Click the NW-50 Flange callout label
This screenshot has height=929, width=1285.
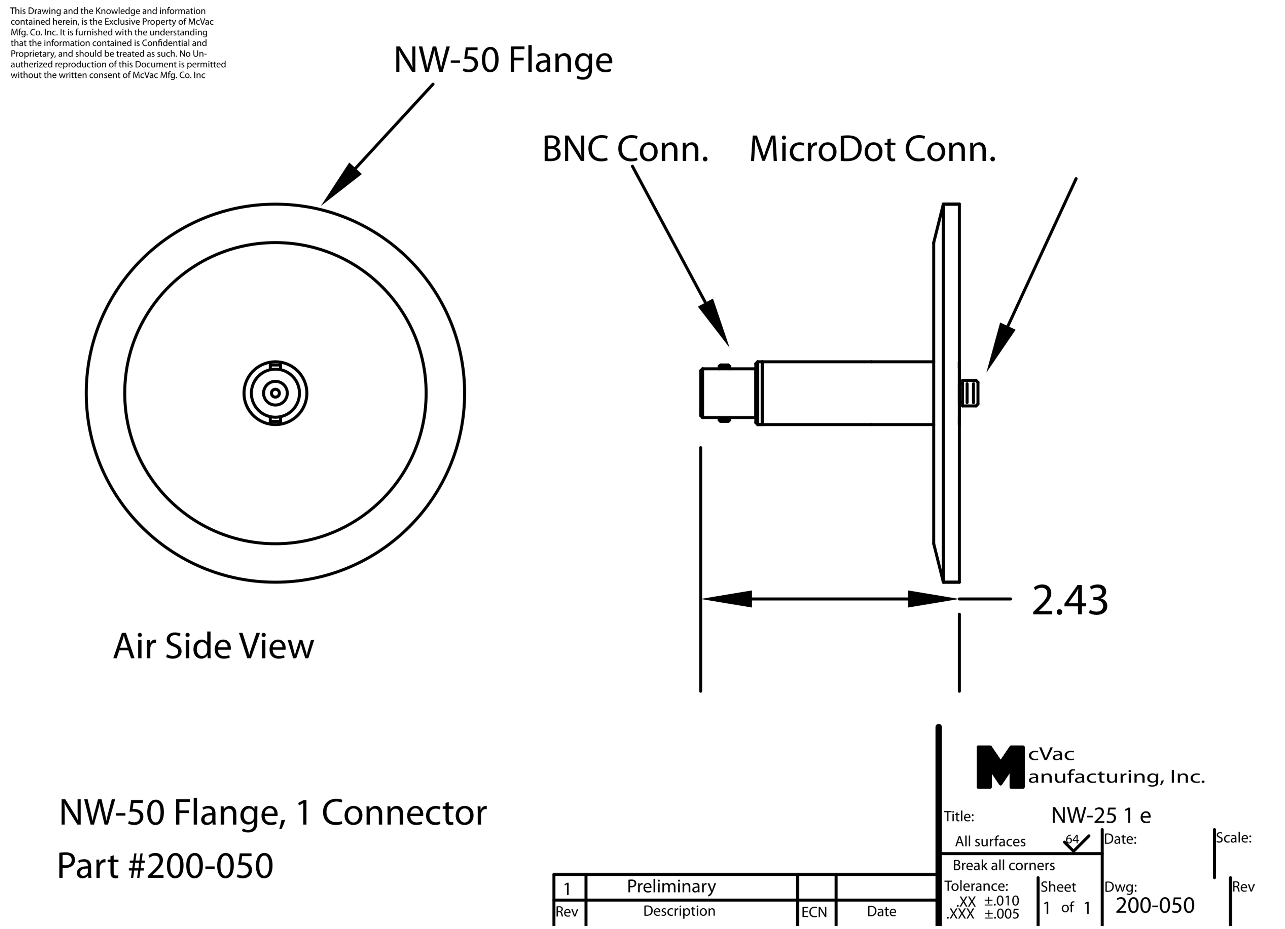point(503,60)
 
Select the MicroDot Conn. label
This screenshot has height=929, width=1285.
point(872,150)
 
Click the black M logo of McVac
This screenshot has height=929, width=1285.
point(1000,767)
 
